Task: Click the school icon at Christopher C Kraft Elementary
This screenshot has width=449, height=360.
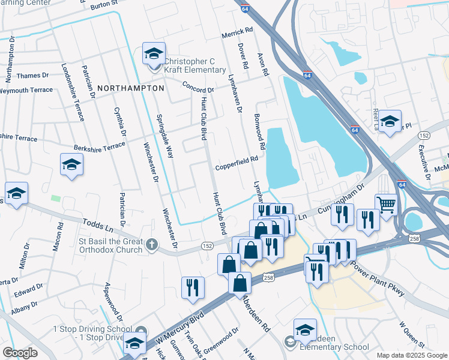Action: click(153, 54)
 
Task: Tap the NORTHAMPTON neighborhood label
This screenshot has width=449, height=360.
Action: click(130, 88)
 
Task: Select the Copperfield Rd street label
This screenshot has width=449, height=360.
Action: click(237, 160)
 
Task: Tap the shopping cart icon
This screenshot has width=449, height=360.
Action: click(385, 205)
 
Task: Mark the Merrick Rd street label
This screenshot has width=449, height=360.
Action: click(237, 32)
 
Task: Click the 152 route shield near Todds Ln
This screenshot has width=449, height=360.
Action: click(207, 246)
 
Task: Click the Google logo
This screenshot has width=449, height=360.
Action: click(20, 352)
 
